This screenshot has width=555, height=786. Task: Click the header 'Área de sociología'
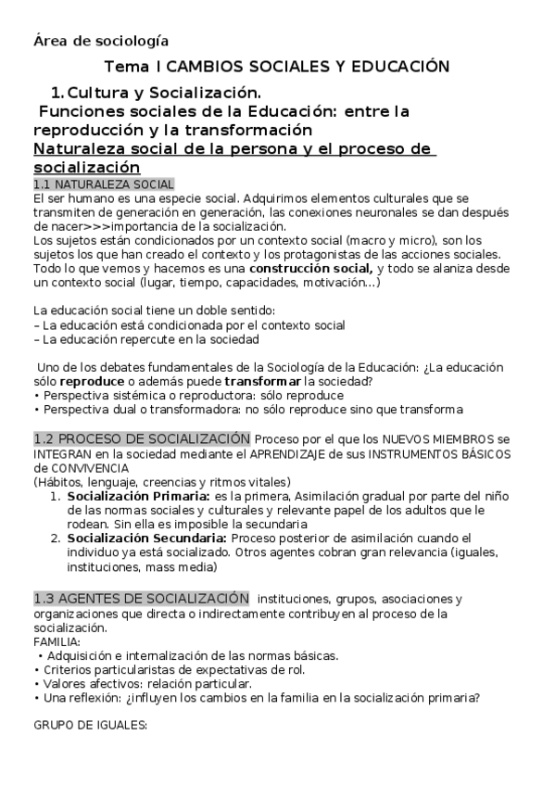(100, 40)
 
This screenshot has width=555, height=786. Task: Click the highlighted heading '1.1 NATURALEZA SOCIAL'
(103, 185)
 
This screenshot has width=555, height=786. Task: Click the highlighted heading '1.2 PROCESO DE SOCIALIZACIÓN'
(142, 437)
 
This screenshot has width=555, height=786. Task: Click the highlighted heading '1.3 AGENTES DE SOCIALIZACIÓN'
(141, 598)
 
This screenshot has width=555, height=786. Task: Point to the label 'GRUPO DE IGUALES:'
(90, 726)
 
